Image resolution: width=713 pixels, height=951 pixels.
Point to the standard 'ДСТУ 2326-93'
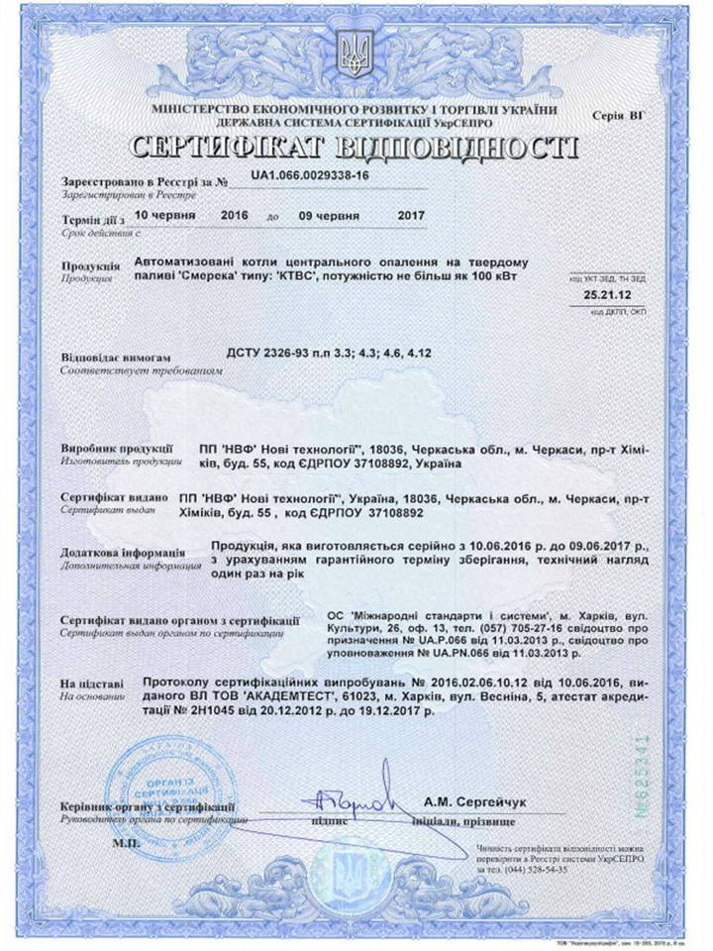(266, 353)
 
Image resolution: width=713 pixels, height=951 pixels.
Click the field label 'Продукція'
(90, 265)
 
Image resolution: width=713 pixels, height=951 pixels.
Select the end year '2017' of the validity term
(409, 215)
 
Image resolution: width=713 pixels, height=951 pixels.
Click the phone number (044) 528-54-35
(535, 869)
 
